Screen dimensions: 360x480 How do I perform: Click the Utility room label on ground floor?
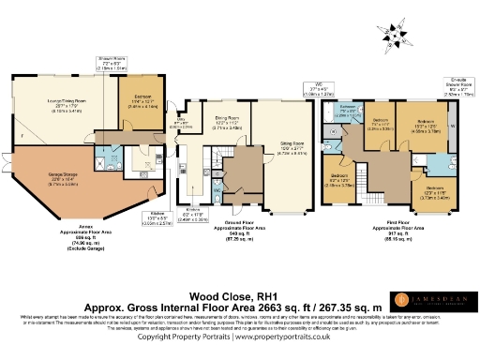[186, 120]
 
